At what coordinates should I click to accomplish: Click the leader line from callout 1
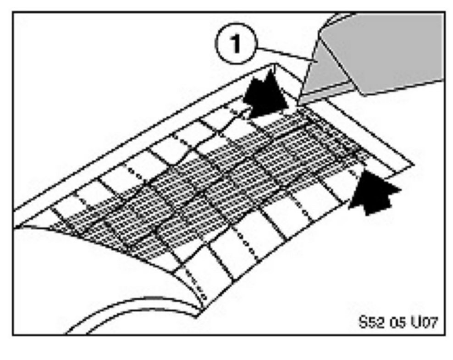click(x=282, y=53)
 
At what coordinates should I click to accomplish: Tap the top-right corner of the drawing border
click(x=444, y=13)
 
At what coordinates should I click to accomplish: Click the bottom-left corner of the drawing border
click(x=13, y=334)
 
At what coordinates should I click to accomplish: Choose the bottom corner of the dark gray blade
click(x=365, y=95)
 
